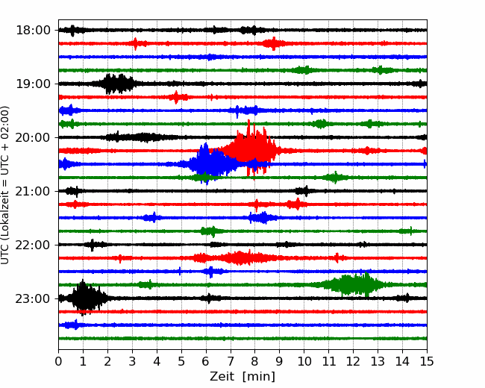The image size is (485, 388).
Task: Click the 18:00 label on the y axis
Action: click(33, 31)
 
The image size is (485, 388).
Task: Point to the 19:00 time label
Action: click(33, 84)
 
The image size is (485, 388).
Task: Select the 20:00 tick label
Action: click(33, 137)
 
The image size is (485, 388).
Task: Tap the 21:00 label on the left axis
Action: click(33, 191)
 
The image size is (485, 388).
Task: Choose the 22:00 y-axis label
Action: click(33, 245)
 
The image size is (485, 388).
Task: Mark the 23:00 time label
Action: click(33, 298)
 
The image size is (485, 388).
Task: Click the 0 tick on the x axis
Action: click(58, 361)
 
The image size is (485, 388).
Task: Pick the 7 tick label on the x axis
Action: click(230, 361)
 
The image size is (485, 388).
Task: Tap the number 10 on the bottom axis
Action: click(304, 361)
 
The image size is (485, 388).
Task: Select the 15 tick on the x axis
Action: click(427, 361)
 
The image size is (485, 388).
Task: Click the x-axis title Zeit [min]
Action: click(242, 377)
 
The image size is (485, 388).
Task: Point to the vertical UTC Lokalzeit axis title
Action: click(4, 185)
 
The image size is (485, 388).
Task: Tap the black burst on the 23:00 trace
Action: click(86, 298)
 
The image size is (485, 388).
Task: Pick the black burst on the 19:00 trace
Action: click(116, 84)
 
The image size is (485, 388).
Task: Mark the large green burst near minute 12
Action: click(353, 284)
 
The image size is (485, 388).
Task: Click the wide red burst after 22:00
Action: click(236, 257)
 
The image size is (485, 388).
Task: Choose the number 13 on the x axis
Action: click(378, 361)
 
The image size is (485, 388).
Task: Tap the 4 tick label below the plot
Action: click(157, 361)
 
